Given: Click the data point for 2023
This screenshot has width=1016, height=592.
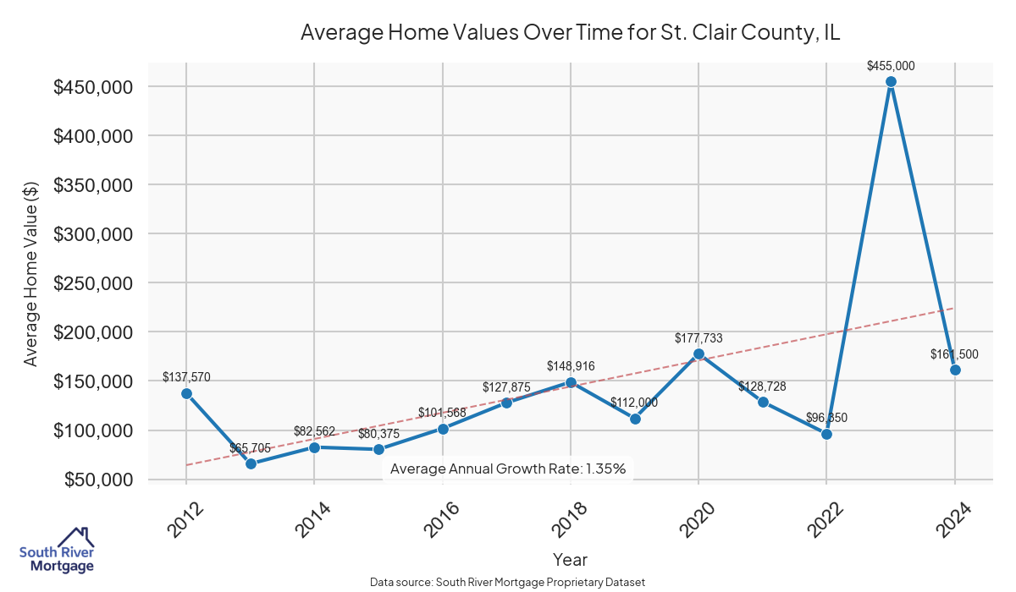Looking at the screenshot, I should [891, 82].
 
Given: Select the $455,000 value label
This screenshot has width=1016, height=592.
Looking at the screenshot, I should [891, 65].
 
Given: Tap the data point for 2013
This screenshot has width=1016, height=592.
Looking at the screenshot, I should [251, 463].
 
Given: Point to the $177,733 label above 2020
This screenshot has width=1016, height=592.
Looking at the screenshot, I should [698, 338].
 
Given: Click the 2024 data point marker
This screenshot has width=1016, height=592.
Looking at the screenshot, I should [955, 370].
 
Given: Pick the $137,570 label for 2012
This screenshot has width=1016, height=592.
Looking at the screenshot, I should [186, 377].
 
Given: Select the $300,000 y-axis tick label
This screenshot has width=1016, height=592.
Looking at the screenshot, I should [92, 234].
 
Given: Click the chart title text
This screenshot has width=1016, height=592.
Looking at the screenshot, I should [570, 33].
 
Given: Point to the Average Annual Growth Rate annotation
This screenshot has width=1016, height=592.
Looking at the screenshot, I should [508, 469].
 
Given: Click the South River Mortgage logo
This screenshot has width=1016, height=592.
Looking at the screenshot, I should [57, 551].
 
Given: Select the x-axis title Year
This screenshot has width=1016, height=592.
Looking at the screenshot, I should [570, 559].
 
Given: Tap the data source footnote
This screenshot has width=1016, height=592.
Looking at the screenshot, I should [508, 582].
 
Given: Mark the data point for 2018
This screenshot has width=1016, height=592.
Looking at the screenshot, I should [571, 382].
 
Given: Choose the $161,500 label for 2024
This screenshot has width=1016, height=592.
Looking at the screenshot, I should [955, 354].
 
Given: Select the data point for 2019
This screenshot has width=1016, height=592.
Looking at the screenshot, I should [635, 419].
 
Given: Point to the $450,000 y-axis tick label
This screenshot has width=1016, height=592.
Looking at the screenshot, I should [92, 87].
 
